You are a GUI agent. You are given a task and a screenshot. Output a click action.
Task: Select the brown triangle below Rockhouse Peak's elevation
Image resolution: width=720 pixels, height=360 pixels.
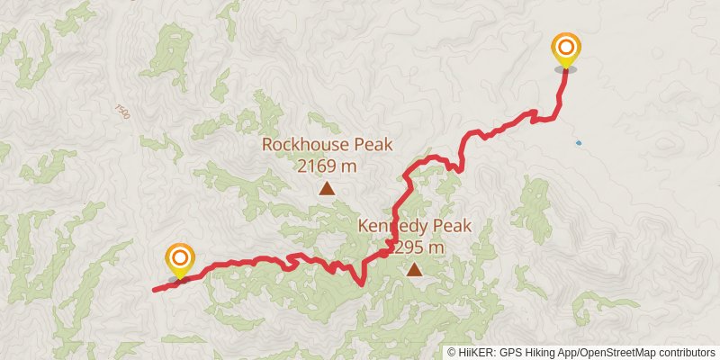pos(327,188)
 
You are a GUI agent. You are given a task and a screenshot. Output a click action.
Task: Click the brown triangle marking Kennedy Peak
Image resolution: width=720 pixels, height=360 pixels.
pos(414,269)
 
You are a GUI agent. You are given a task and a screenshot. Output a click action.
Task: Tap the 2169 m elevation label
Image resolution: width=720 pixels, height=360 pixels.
pos(327,166)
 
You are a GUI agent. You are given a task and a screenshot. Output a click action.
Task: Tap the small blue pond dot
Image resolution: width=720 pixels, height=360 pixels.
pos(578,142)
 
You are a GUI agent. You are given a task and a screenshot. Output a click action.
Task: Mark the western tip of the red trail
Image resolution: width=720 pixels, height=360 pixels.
pos(154,290)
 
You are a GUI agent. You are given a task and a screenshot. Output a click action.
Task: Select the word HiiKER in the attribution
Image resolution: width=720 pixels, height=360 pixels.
pos(473,352)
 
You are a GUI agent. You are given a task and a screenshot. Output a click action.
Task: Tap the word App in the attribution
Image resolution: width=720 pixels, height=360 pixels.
pos(565,352)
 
